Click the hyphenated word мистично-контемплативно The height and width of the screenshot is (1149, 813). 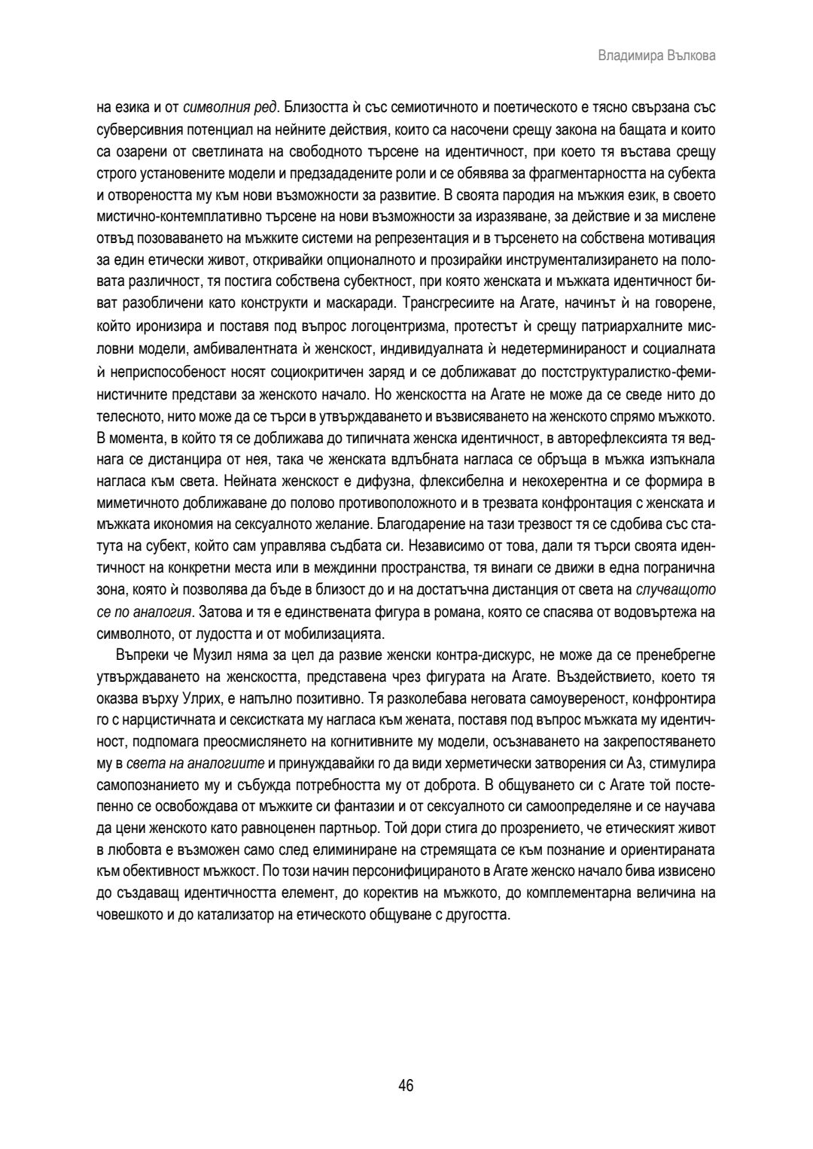[173, 217]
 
